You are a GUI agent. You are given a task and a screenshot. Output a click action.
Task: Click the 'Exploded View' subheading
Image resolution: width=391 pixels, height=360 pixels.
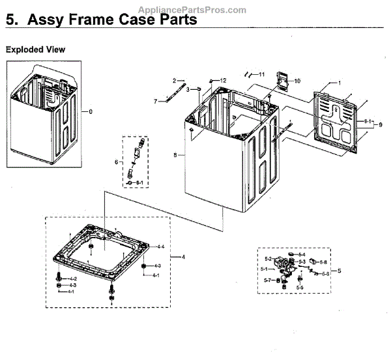[x=35, y=49]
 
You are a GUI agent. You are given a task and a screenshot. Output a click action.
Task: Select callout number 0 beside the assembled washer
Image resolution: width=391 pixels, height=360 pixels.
[x=91, y=111]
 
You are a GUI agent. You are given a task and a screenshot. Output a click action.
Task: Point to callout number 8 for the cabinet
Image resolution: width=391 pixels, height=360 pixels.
[x=175, y=155]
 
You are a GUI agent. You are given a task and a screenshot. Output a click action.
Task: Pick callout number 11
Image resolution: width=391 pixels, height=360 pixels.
[x=261, y=74]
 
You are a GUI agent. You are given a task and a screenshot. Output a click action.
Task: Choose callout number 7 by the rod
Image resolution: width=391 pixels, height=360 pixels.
[x=156, y=102]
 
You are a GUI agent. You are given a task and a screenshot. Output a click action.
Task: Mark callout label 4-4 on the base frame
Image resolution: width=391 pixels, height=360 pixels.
[x=160, y=247]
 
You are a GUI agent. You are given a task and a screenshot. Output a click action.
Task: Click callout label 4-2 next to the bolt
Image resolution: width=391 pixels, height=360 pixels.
[x=73, y=279]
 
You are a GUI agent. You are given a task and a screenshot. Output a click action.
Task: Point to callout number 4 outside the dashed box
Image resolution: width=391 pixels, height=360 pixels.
[x=183, y=257]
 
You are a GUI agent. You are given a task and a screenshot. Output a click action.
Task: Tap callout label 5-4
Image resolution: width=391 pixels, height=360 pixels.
[x=302, y=255]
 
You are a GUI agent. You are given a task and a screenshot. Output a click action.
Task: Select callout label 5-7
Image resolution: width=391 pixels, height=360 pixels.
[x=267, y=280]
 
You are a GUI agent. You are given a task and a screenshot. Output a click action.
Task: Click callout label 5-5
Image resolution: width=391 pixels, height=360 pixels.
[x=299, y=287]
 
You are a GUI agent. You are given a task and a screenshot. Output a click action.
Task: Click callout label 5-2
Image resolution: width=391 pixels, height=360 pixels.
[x=268, y=258]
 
